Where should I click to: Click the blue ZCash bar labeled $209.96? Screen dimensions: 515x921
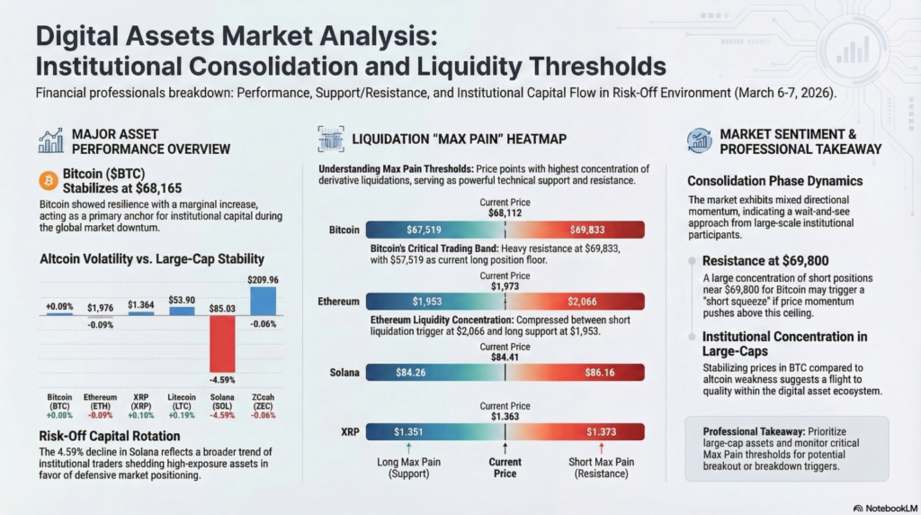click(x=263, y=300)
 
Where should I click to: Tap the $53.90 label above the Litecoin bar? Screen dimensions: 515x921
click(x=182, y=298)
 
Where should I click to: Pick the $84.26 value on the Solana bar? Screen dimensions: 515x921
click(x=414, y=370)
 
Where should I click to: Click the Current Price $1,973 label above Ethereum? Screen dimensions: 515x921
click(x=505, y=281)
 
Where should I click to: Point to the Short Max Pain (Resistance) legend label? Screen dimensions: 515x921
click(x=601, y=467)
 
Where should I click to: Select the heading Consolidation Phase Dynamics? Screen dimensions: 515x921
click(x=774, y=181)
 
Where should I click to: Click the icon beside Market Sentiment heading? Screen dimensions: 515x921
click(x=698, y=140)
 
